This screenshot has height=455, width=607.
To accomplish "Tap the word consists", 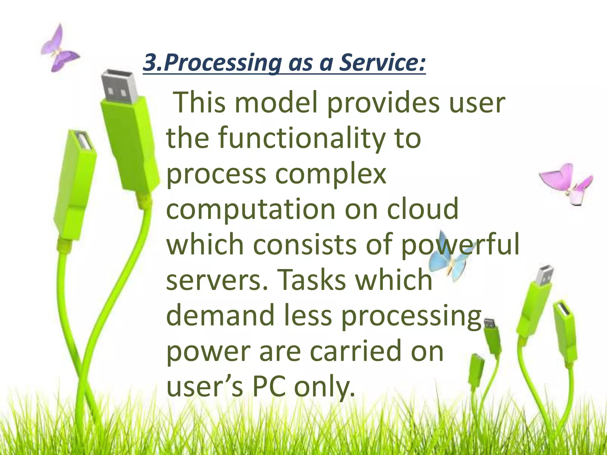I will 304,245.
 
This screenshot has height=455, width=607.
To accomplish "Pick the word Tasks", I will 311,280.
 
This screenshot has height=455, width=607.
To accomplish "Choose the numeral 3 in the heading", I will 150,63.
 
